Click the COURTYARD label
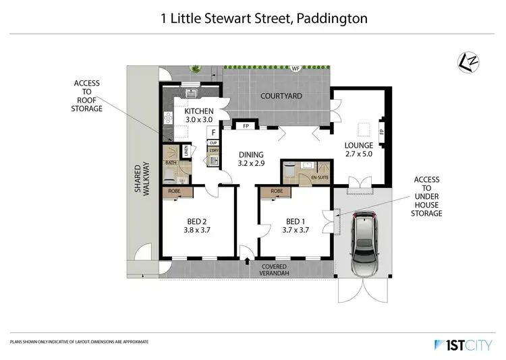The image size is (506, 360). pyautogui.click(x=281, y=96)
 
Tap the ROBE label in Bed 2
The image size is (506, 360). pyautogui.click(x=175, y=191)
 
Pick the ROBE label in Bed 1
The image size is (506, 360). pyautogui.click(x=276, y=191)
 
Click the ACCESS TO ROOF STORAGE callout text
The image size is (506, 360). pyautogui.click(x=87, y=95)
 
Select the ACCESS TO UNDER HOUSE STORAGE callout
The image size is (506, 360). pyautogui.click(x=426, y=196)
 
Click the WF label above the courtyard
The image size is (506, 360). pyautogui.click(x=295, y=69)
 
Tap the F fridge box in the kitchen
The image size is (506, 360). pyautogui.click(x=213, y=132)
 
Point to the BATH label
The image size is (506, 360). pyautogui.click(x=171, y=162)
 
